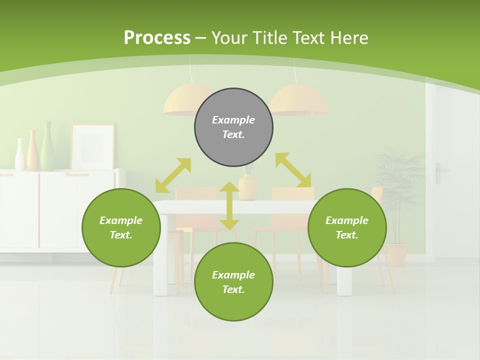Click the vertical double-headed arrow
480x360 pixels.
(x=229, y=205)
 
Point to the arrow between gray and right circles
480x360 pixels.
(x=293, y=170)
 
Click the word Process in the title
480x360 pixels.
(x=157, y=37)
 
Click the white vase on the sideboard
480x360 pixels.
(x=20, y=154)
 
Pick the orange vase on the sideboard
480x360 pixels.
(x=32, y=150)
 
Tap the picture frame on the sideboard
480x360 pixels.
(x=92, y=146)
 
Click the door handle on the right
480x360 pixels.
(x=438, y=172)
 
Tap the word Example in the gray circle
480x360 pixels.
(x=233, y=120)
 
